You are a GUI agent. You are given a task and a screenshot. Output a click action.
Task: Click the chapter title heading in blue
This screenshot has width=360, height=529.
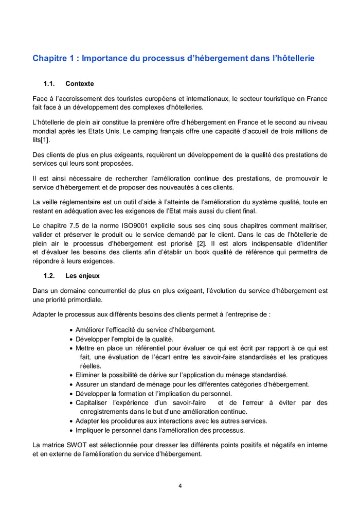[173, 59]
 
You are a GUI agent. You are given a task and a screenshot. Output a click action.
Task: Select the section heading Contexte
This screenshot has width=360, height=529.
[80, 83]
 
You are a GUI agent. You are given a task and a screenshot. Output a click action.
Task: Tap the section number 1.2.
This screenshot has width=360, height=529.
[49, 275]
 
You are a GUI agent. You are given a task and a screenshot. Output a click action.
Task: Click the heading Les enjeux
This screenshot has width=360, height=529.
[82, 275]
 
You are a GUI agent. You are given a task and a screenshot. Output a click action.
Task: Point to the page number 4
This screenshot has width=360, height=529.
[180, 485]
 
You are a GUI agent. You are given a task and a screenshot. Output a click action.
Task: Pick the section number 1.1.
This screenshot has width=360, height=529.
[49, 83]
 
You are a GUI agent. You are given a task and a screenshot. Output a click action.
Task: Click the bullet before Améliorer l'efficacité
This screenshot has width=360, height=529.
[70, 330]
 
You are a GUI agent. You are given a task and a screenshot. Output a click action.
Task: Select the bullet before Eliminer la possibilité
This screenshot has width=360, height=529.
[70, 375]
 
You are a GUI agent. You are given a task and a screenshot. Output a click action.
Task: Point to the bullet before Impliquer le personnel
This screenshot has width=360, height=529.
[70, 431]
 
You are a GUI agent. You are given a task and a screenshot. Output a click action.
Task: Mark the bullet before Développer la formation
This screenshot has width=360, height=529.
[70, 394]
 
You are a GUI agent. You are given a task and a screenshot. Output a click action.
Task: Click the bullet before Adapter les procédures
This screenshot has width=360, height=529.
[70, 421]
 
